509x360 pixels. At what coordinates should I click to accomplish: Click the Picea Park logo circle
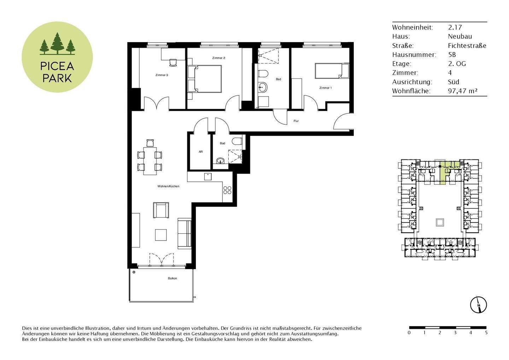point(57,57)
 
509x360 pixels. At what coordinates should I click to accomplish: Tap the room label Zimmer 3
point(162,75)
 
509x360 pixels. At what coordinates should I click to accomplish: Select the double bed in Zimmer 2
point(205,79)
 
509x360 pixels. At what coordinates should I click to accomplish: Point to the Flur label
point(296,121)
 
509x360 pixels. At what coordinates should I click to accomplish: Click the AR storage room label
point(200,152)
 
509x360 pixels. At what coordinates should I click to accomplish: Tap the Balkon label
point(172,278)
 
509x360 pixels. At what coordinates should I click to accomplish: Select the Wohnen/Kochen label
point(169,186)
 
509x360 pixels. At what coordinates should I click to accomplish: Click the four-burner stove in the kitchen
point(227,190)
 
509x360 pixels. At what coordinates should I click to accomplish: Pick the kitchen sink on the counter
point(207,176)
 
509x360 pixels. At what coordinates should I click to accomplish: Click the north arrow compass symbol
point(479,304)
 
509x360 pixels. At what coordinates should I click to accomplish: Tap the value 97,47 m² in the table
point(462,91)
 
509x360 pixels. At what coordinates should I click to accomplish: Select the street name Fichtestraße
point(467,46)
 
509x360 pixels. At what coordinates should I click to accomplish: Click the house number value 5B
point(452,55)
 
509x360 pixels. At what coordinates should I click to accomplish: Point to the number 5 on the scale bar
point(486,332)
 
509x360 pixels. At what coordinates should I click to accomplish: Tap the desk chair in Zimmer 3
point(173,62)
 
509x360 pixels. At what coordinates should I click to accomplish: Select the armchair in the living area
point(161,210)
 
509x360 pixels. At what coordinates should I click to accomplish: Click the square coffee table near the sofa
point(161,235)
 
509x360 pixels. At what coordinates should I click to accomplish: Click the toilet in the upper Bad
point(262,74)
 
